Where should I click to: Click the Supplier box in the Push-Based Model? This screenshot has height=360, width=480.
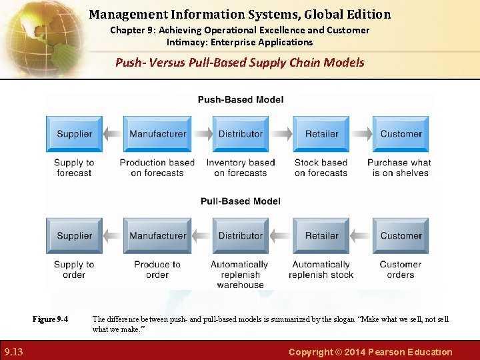pos(74,133)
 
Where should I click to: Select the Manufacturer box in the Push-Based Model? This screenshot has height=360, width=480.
pos(157,133)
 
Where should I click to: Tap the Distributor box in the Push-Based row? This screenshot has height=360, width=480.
pos(241,133)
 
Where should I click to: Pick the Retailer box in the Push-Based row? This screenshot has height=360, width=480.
pos(321,133)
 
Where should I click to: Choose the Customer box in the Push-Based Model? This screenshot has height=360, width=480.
pos(401,133)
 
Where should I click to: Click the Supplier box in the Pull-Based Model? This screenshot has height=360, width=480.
pos(74,235)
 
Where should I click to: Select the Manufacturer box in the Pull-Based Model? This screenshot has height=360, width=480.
pos(157,235)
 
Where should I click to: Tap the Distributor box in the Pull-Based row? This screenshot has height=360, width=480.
pos(241,235)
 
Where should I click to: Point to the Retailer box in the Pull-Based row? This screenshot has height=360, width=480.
pos(321,235)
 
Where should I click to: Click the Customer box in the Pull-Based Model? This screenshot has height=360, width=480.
pos(401,235)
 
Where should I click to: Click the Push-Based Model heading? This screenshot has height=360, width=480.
pos(241,100)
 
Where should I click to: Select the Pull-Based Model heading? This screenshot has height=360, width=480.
pos(241,201)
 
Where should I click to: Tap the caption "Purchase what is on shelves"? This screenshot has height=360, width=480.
pos(399,167)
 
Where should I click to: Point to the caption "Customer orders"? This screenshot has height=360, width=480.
pos(401,269)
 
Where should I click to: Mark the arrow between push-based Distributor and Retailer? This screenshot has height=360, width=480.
pos(283,133)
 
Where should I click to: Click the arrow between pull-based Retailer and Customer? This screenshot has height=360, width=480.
pos(361,235)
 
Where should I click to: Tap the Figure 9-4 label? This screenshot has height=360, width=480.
pos(50,319)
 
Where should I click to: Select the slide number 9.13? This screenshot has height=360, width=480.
pos(13,352)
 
